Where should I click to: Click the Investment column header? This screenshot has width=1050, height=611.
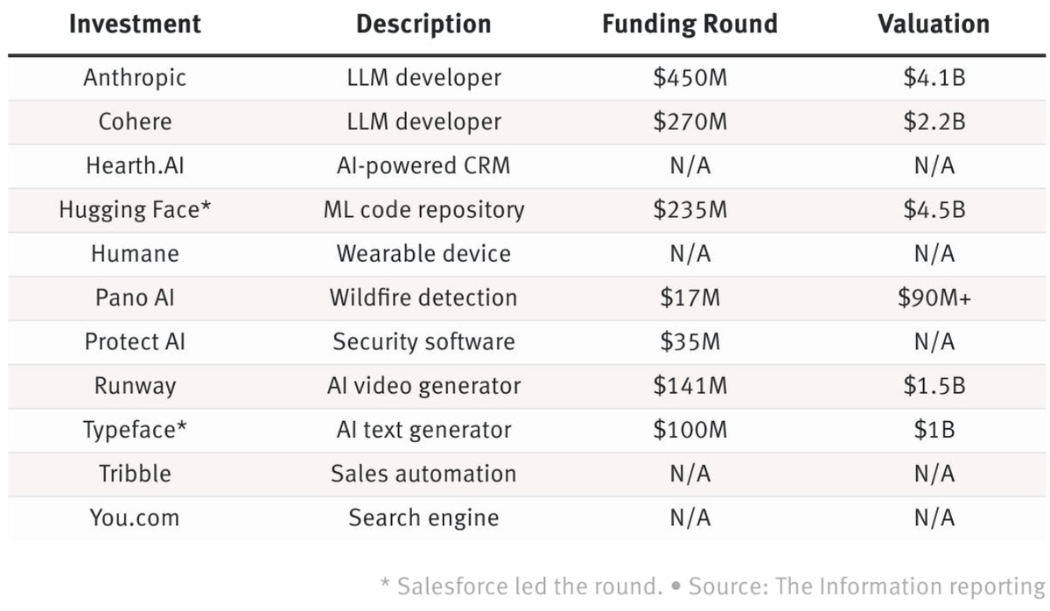136,24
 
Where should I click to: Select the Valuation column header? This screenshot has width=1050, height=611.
934,24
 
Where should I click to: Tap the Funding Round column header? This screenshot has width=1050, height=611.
689,24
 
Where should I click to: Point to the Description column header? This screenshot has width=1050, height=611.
423,24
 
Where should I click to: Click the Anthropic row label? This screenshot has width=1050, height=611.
135,78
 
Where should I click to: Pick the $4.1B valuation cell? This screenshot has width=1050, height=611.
934,78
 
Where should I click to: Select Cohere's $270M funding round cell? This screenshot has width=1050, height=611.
689,122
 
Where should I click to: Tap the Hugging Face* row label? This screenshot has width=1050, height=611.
135,210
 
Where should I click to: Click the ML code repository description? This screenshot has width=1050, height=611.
423,210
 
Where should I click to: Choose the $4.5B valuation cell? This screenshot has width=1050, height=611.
934,210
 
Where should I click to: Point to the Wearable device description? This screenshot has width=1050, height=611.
423,254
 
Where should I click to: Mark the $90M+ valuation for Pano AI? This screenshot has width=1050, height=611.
934,298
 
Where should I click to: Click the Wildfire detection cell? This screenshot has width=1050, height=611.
423,298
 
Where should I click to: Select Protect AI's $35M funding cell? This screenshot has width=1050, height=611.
689,341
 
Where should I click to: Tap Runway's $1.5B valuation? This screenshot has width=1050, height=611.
934,386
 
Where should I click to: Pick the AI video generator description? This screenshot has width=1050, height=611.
423,386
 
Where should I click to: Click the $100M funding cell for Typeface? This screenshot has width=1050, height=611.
689,430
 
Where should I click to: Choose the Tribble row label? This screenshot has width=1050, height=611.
135,474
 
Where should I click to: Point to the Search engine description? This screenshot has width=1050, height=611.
423,517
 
